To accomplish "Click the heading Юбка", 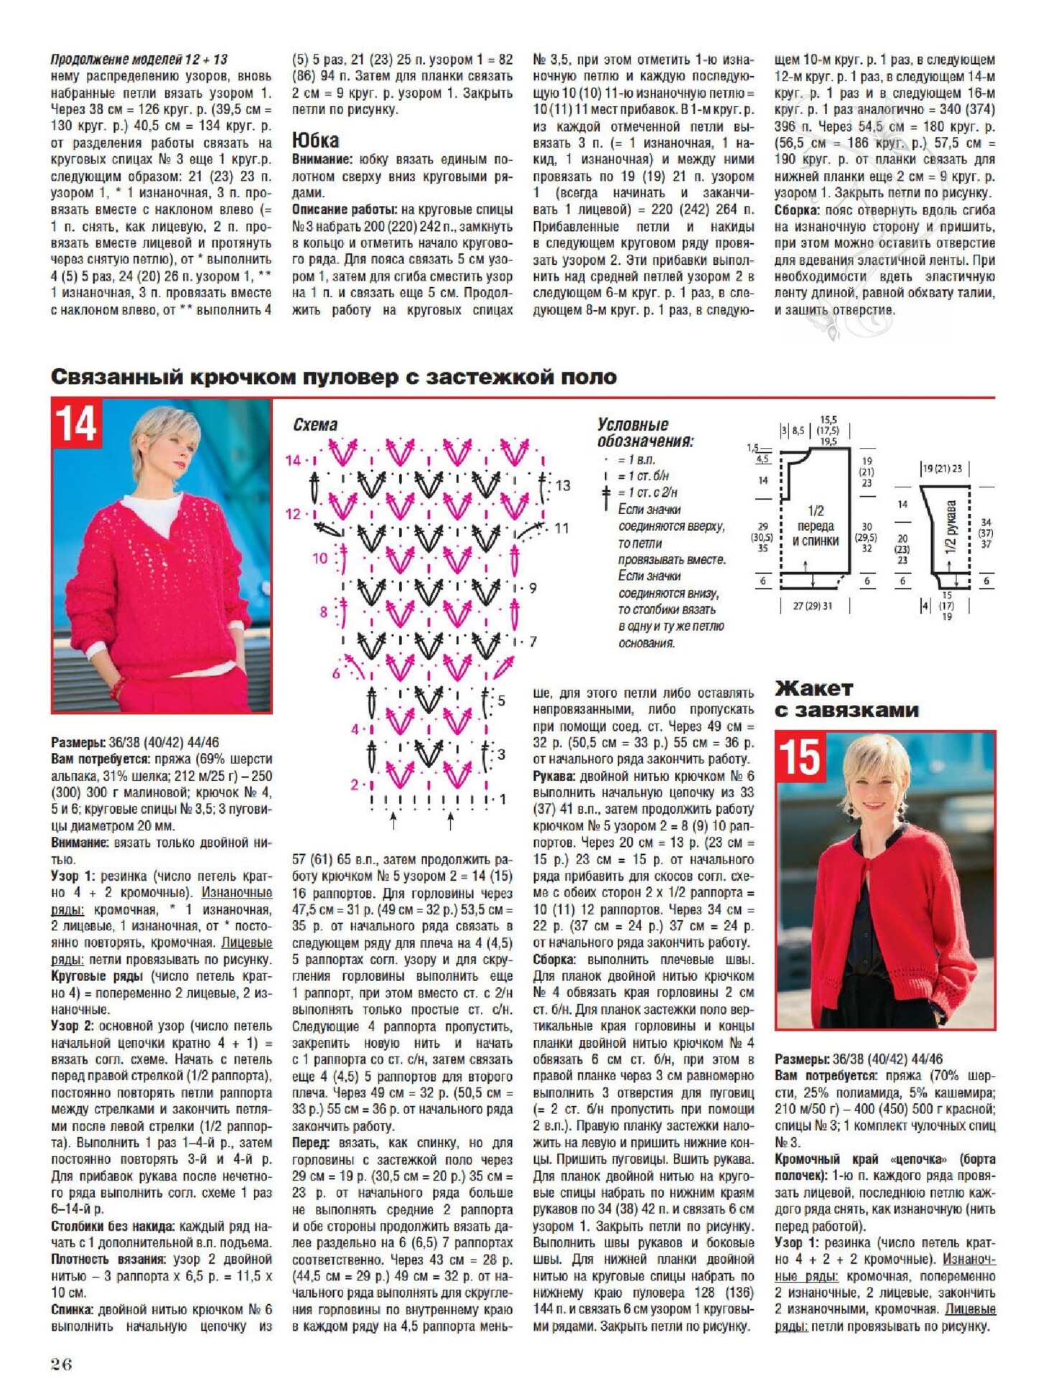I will click(315, 140).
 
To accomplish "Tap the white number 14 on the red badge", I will click(77, 423).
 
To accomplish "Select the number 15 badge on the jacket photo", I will click(800, 756).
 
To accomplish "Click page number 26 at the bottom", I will click(62, 1364).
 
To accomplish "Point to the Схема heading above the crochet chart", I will click(315, 424).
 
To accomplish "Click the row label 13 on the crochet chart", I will click(563, 486).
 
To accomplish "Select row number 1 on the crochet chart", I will click(503, 799).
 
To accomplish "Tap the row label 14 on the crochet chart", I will click(293, 460).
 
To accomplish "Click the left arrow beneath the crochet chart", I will click(393, 820).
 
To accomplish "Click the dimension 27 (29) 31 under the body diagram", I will click(813, 606).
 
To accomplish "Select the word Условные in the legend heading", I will click(632, 424).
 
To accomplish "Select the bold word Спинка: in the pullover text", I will click(73, 1309).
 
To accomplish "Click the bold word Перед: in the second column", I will click(311, 1142).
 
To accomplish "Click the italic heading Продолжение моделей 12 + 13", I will click(139, 60).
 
